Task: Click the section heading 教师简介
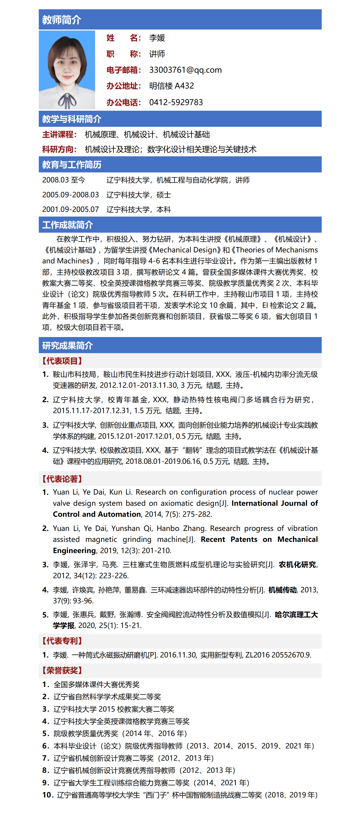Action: click(x=61, y=20)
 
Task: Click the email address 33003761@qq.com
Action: click(x=185, y=70)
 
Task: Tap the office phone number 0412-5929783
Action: click(x=176, y=102)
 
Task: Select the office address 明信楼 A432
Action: click(x=171, y=86)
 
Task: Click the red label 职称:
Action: click(x=124, y=54)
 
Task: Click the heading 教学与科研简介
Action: click(x=72, y=119)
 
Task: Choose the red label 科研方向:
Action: click(x=60, y=149)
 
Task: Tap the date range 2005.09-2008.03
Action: click(x=70, y=195)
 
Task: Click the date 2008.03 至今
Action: click(x=64, y=180)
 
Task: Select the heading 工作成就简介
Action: click(x=68, y=225)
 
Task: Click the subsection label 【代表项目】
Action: click(x=62, y=361)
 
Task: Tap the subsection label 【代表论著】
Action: click(x=62, y=479)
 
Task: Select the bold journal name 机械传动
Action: click(x=282, y=590)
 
